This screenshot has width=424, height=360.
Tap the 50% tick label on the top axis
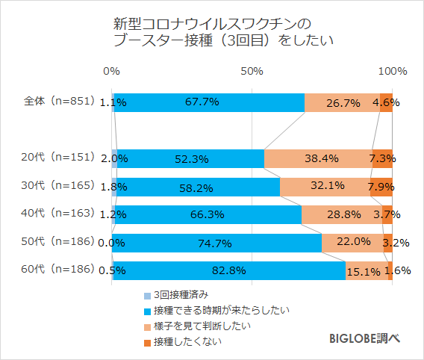252,72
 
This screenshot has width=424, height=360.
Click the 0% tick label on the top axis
111,72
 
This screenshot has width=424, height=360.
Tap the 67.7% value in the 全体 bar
209,102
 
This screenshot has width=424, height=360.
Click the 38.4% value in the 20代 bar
321,158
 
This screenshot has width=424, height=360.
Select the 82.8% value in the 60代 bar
228,270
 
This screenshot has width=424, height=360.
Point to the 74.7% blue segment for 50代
216,243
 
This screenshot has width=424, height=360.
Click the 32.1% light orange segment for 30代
325,187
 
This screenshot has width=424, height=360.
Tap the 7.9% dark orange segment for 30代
381,187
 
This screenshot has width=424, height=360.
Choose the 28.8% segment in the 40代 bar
342,214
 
